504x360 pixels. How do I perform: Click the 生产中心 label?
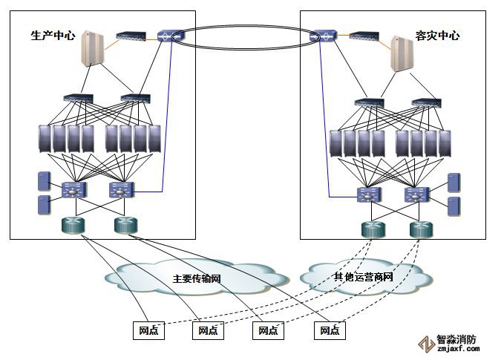(x=53, y=35)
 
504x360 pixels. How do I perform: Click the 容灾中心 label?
(x=437, y=35)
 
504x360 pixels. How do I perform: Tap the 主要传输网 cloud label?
(x=197, y=279)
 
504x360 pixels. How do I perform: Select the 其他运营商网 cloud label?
(x=363, y=277)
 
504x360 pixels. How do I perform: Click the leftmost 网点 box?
(x=148, y=330)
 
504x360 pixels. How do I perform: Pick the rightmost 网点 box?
(x=330, y=330)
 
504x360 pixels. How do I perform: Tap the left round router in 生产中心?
(x=73, y=226)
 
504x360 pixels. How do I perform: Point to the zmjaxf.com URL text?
(x=456, y=350)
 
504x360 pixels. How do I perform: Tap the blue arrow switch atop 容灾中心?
(x=324, y=35)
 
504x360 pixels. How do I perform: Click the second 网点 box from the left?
(x=208, y=330)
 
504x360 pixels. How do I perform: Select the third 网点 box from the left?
(x=269, y=330)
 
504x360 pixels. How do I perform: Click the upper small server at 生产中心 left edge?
(x=43, y=181)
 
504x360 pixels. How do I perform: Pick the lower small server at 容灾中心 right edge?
(x=454, y=206)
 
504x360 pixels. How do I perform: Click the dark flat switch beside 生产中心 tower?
(x=130, y=35)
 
